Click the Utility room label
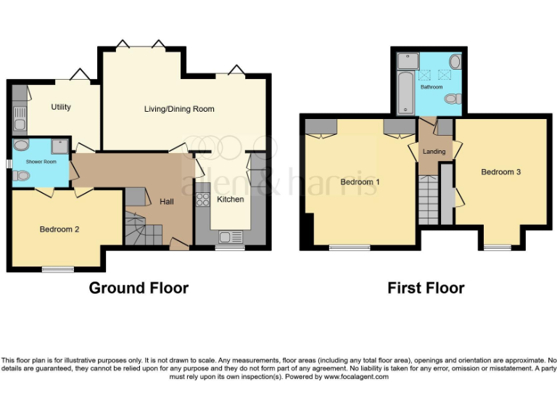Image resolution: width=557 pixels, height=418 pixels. tap(61, 107)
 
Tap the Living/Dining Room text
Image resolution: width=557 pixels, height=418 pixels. tap(179, 109)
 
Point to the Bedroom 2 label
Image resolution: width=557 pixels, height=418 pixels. tap(59, 229)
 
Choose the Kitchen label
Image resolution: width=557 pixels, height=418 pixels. tap(231, 200)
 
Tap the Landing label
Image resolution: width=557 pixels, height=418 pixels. tap(434, 152)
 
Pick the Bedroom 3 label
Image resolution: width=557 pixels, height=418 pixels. tap(500, 172)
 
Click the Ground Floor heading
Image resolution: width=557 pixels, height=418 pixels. tap(139, 288)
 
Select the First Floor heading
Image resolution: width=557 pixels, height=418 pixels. tap(426, 288)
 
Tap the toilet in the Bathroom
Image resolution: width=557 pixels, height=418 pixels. tap(453, 99)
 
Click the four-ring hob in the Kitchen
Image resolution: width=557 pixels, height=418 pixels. tap(203, 200)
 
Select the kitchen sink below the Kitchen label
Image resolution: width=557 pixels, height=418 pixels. tap(231, 237)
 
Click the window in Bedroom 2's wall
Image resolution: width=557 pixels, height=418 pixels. tap(57, 269)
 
